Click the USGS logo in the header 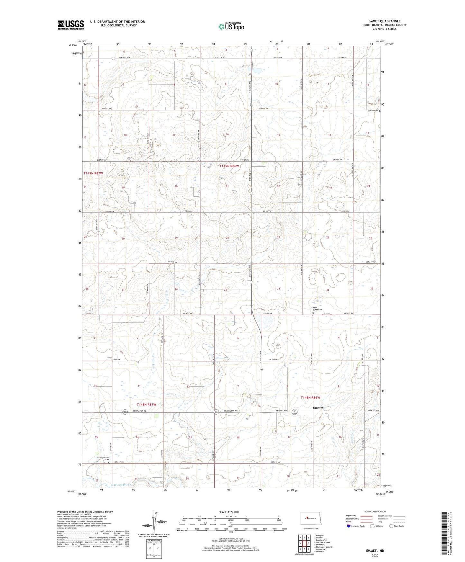click(x=71, y=24)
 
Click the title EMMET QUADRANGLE click(x=384, y=21)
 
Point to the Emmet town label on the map click(x=318, y=407)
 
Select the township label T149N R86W click(x=229, y=166)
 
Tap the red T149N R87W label click(x=93, y=173)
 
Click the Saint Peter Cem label click(x=318, y=309)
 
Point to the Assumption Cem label click(x=104, y=458)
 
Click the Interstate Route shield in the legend click(x=349, y=535)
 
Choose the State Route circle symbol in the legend click(x=391, y=535)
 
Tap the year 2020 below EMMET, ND click(x=375, y=555)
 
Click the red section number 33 click(x=226, y=290)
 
